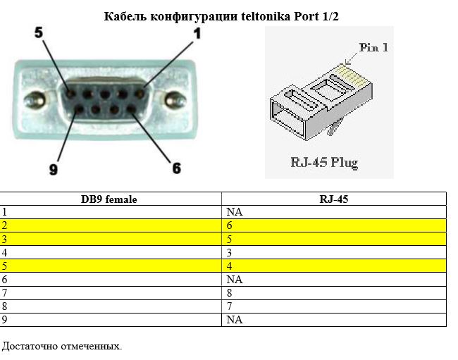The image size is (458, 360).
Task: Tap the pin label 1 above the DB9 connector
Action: pyautogui.click(x=197, y=33)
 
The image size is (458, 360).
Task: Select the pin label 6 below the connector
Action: pyautogui.click(x=176, y=168)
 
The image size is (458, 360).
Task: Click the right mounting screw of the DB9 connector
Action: pyautogui.click(x=173, y=100)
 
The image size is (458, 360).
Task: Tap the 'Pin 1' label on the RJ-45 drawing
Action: pyautogui.click(x=373, y=48)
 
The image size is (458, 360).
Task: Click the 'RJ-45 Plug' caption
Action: pyautogui.click(x=324, y=163)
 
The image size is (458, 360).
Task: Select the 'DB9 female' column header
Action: pyautogui.click(x=109, y=199)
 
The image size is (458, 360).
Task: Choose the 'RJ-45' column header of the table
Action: pyautogui.click(x=334, y=199)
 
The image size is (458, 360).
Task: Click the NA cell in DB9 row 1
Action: pyautogui.click(x=235, y=211)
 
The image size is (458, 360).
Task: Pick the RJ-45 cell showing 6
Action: pyautogui.click(x=230, y=225)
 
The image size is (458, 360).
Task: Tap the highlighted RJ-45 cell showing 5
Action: pyautogui.click(x=230, y=239)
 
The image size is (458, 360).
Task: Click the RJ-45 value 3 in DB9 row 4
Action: pyautogui.click(x=230, y=252)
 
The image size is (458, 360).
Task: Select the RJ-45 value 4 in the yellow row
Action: pyautogui.click(x=230, y=266)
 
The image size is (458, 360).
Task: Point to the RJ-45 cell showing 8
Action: pyautogui.click(x=230, y=293)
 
